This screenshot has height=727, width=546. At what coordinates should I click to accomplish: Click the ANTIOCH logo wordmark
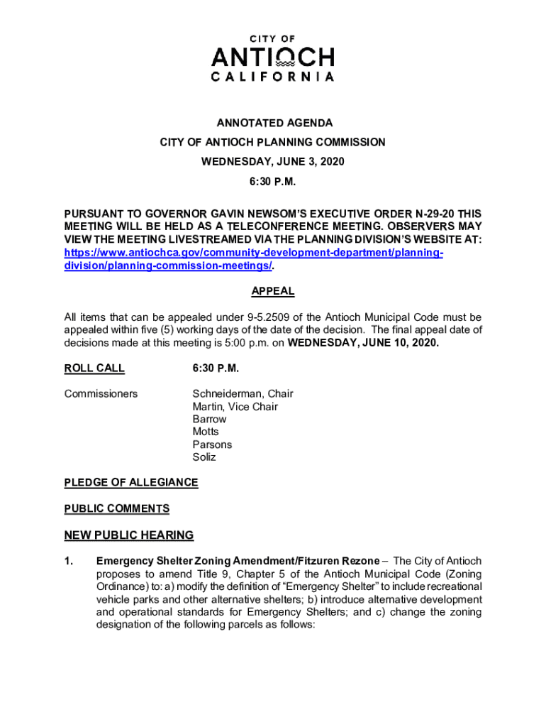pyautogui.click(x=273, y=56)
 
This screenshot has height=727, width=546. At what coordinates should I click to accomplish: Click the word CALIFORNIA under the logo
pyautogui.click(x=273, y=77)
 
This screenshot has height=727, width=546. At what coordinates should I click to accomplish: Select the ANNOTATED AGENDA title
pyautogui.click(x=273, y=124)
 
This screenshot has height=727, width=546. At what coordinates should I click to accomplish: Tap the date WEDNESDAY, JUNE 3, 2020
pyautogui.click(x=273, y=161)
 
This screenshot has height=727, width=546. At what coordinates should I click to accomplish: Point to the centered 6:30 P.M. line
pyautogui.click(x=273, y=181)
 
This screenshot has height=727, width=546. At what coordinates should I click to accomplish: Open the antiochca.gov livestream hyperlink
pyautogui.click(x=254, y=253)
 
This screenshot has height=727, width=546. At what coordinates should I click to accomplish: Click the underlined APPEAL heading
pyautogui.click(x=273, y=291)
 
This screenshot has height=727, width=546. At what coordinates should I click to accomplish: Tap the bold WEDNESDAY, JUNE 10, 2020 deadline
pyautogui.click(x=362, y=342)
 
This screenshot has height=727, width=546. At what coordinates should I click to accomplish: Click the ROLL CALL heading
pyautogui.click(x=94, y=368)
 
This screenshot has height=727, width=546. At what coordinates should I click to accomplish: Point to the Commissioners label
pyautogui.click(x=101, y=393)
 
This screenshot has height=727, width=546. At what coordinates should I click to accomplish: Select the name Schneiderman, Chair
pyautogui.click(x=243, y=393)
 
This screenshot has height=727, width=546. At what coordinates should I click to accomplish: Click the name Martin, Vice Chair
pyautogui.click(x=235, y=406)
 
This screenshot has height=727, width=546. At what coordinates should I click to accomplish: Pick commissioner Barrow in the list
pyautogui.click(x=209, y=419)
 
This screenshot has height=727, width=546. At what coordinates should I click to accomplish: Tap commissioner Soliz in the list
pyautogui.click(x=204, y=457)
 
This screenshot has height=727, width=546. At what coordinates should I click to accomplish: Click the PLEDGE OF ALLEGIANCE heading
pyautogui.click(x=131, y=483)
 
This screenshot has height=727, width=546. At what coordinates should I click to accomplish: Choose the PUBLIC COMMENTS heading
pyautogui.click(x=117, y=508)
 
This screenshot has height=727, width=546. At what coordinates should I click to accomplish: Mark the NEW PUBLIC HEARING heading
pyautogui.click(x=129, y=535)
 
